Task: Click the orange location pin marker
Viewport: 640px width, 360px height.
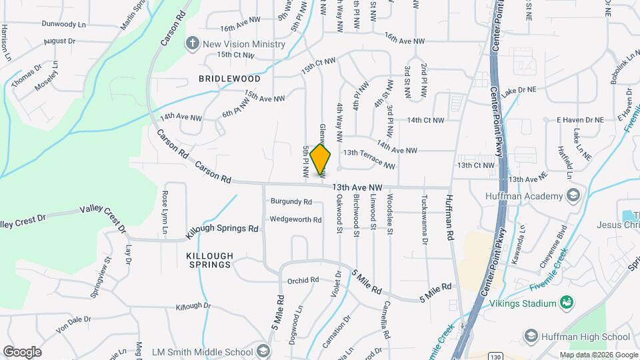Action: (x=321, y=159)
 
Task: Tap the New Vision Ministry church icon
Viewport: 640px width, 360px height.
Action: (x=193, y=44)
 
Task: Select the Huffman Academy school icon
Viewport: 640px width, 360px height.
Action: (x=573, y=195)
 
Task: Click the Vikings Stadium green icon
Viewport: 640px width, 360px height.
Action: (x=567, y=303)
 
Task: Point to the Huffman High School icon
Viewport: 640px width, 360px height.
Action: (x=531, y=335)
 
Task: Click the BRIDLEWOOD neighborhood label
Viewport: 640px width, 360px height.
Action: (x=229, y=79)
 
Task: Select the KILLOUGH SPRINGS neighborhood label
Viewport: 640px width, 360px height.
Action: (x=210, y=260)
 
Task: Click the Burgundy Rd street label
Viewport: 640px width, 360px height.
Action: (x=291, y=201)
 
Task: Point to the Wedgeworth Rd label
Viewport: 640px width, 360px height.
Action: (x=295, y=219)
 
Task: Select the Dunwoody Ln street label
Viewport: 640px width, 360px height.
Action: (x=64, y=24)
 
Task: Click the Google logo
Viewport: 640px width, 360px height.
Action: (x=22, y=351)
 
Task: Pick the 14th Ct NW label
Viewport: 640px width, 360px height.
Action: (x=425, y=120)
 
